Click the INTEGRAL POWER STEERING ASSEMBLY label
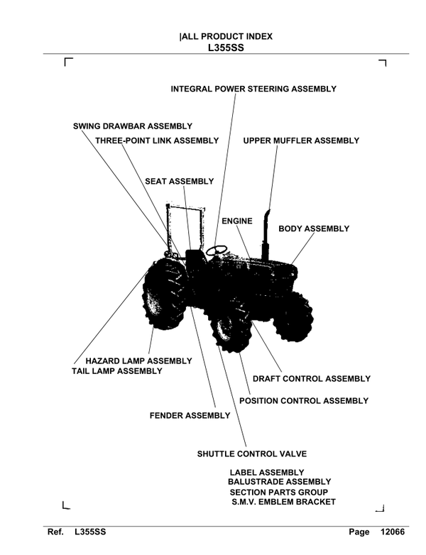click(x=253, y=89)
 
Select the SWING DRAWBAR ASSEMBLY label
click(x=133, y=126)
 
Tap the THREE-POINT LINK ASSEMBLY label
click(x=157, y=141)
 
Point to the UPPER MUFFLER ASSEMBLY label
click(x=301, y=141)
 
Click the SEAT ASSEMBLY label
click(x=179, y=181)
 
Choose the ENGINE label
click(x=236, y=221)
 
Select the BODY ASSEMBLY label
click(x=313, y=229)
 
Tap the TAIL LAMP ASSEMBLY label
click(x=117, y=371)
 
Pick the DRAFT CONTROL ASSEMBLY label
click(x=312, y=378)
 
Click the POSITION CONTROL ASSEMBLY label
click(x=304, y=401)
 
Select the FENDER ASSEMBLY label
click(x=190, y=415)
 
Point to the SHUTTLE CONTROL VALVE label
click(x=251, y=454)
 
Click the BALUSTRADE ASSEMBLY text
click(x=279, y=482)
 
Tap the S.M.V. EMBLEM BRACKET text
click(x=283, y=502)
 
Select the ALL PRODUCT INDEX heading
click(x=226, y=36)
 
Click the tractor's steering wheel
click(x=217, y=250)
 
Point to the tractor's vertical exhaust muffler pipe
click(x=266, y=234)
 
